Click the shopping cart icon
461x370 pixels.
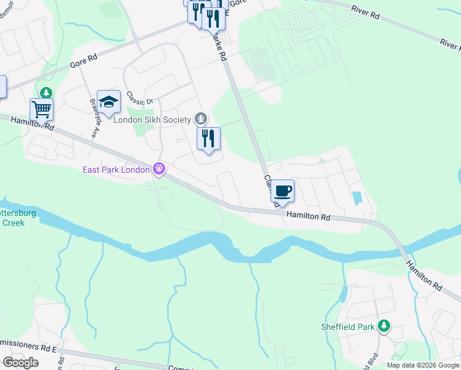pyautogui.click(x=41, y=110)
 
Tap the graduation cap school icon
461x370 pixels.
pyautogui.click(x=108, y=102)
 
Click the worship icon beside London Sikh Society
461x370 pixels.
pyautogui.click(x=200, y=118)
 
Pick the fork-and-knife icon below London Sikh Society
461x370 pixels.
pyautogui.click(x=208, y=139)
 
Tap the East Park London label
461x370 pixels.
pyautogui.click(x=116, y=170)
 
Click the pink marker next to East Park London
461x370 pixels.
pyautogui.click(x=159, y=168)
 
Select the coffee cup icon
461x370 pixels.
pyautogui.click(x=282, y=191)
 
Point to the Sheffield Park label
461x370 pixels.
pyautogui.click(x=348, y=326)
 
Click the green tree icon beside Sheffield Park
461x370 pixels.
pyautogui.click(x=384, y=326)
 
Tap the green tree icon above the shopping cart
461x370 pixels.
pyautogui.click(x=46, y=93)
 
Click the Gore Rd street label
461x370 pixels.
pyautogui.click(x=84, y=60)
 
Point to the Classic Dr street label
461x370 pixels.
pyautogui.click(x=139, y=99)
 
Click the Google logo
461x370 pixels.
pyautogui.click(x=20, y=363)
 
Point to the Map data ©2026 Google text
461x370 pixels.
pyautogui.click(x=422, y=365)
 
